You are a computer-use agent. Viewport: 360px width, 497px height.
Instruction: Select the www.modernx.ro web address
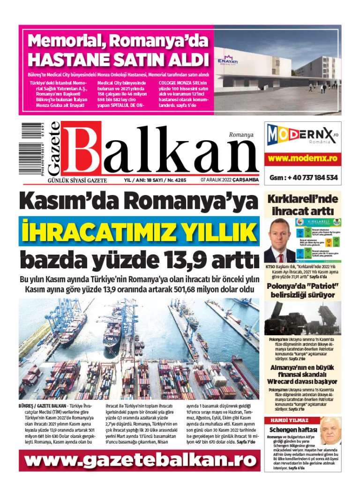pos(302,158)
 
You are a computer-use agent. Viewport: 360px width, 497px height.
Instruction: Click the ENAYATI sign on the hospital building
pos(228,61)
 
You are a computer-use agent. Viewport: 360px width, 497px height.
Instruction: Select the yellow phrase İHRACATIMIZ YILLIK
pos(139,231)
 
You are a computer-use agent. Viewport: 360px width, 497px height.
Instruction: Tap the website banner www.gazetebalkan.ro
pos(139,460)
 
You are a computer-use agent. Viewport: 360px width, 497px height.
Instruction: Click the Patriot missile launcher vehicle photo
pos(302,318)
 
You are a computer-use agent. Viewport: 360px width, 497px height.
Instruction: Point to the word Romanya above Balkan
pos(241,135)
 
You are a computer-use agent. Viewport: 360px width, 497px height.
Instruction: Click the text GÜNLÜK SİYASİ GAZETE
pos(77,180)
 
